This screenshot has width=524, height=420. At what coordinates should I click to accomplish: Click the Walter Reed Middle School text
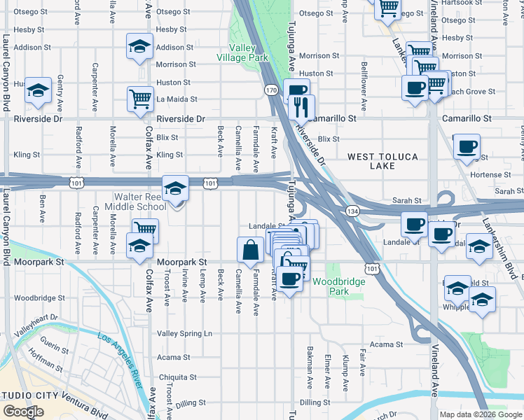(x=135, y=202)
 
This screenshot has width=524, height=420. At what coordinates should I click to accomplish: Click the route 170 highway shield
(x=270, y=90)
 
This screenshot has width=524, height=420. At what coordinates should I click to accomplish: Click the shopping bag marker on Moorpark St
(x=250, y=249)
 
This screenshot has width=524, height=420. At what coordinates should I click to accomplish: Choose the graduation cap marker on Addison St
(x=139, y=47)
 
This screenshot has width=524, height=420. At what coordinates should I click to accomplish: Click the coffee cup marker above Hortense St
(x=467, y=146)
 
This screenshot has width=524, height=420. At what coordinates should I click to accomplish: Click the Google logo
(x=23, y=412)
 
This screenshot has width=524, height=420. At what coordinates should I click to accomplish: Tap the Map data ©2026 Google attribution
(x=480, y=414)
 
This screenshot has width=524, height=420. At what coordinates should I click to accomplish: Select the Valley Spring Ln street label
(x=184, y=334)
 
